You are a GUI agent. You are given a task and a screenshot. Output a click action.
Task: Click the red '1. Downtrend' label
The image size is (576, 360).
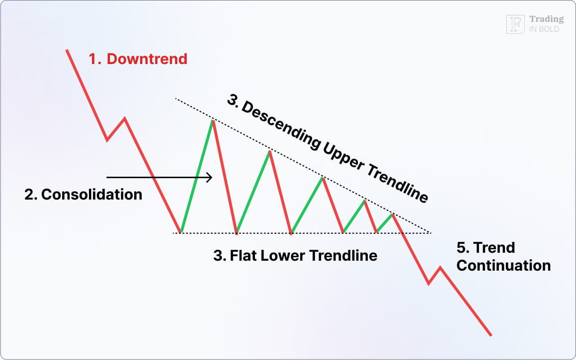(x=138, y=59)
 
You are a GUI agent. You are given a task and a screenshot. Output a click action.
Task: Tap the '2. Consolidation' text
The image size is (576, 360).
(x=83, y=194)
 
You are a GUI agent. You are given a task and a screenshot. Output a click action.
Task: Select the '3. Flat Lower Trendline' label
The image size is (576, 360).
(x=295, y=256)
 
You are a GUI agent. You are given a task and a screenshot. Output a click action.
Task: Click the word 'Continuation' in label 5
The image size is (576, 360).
(x=503, y=265)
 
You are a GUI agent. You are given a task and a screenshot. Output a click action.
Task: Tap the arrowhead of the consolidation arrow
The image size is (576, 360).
(x=210, y=177)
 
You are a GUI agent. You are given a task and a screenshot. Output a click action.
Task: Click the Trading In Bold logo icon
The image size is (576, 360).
(x=515, y=24)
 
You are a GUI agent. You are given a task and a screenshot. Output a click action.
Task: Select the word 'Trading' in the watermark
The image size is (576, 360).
(x=546, y=19)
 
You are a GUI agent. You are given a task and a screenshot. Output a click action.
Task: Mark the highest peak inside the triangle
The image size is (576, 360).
(x=213, y=121)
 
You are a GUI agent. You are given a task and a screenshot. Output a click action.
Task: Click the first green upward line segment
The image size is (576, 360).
(x=197, y=176)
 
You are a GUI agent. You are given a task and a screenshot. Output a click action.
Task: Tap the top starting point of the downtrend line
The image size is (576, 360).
(x=67, y=50)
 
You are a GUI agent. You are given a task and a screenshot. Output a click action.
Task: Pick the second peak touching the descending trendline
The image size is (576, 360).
(x=269, y=151)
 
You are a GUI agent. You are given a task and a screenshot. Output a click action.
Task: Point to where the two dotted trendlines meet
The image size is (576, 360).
(x=429, y=232)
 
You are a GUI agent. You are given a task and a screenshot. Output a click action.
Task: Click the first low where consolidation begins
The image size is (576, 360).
(x=181, y=232)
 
